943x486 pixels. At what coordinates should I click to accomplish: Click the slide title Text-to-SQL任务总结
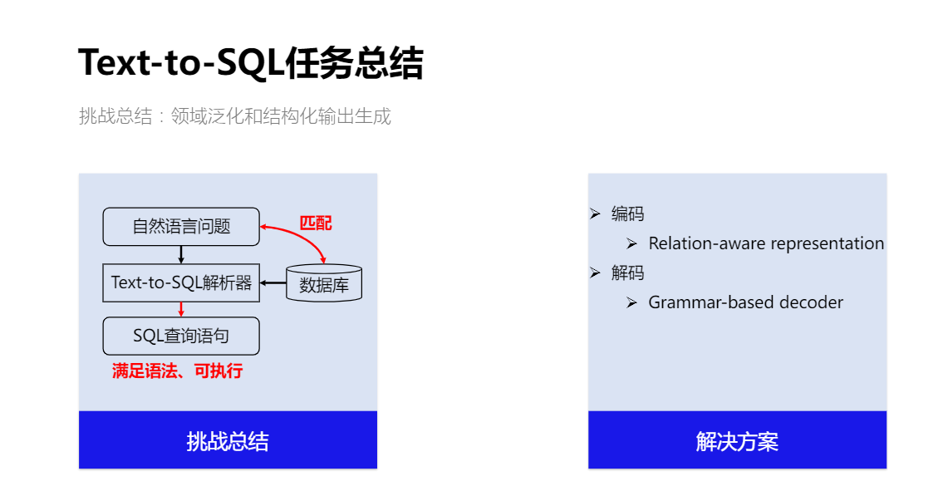coord(251,62)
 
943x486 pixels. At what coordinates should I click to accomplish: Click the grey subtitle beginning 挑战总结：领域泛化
coord(234,115)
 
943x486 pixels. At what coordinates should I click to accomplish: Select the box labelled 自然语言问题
coord(181,227)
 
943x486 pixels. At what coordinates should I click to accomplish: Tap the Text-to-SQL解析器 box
coord(181,282)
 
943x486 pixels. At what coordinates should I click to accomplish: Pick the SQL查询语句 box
coord(181,336)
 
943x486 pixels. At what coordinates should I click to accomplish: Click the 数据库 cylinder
coord(324,283)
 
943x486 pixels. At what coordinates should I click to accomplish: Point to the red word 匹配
coord(316,223)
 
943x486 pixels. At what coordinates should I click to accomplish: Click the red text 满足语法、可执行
coord(177,371)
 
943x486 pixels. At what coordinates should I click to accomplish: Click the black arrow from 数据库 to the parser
coord(273,282)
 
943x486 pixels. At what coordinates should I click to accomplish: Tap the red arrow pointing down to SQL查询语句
coord(181,310)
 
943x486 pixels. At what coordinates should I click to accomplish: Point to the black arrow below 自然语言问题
coord(181,254)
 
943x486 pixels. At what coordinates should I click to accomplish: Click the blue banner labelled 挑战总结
coord(228,440)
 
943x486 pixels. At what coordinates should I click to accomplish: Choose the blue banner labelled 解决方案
coord(737,440)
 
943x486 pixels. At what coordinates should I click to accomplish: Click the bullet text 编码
coord(627,214)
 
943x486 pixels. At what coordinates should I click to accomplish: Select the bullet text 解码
coord(627,272)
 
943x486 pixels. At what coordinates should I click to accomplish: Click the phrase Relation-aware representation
coord(766,243)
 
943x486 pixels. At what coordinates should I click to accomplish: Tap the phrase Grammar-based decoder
coord(746,302)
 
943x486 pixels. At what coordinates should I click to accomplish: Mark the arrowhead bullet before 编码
coord(596,214)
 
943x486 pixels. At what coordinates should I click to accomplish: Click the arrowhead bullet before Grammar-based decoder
coord(631,302)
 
